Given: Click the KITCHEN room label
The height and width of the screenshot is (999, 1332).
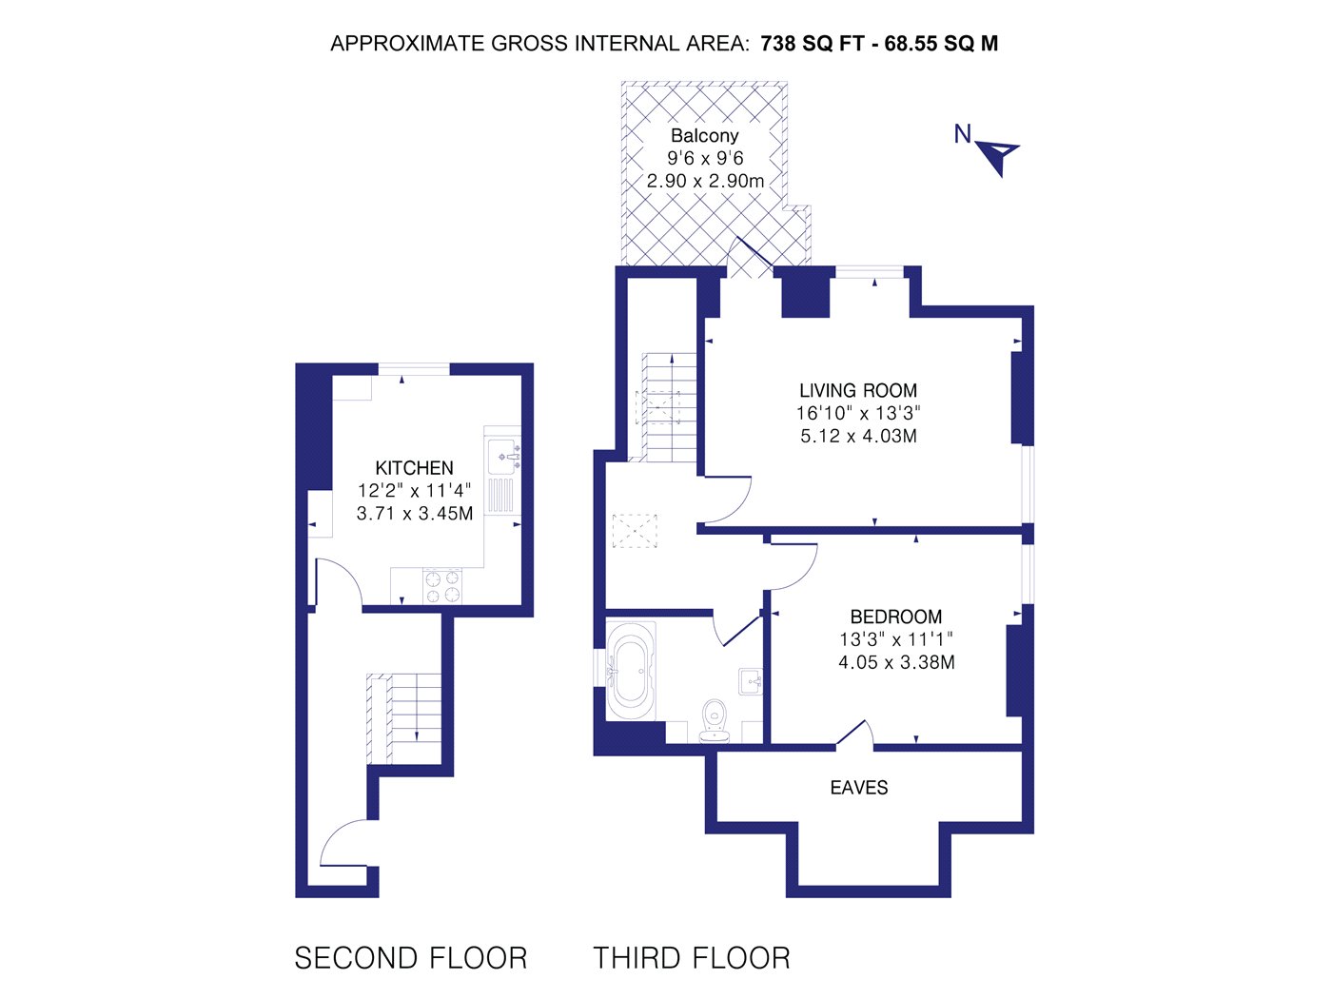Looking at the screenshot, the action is click(415, 468).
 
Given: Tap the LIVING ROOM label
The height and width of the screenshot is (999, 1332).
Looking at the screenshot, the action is click(858, 390).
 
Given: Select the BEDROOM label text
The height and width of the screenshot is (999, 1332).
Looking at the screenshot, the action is click(895, 617).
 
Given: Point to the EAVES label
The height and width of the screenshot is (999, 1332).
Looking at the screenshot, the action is click(859, 788).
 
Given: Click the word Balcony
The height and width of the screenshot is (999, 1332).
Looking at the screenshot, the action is click(705, 135).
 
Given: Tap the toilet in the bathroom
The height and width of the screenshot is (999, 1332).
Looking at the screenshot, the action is click(715, 722).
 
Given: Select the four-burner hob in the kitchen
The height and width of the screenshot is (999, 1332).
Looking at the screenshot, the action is click(442, 586).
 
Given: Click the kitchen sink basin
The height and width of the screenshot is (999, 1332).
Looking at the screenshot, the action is click(504, 456).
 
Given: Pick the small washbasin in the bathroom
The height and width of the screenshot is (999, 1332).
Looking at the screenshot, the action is click(751, 681).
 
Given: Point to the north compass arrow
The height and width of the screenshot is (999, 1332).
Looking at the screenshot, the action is click(999, 156).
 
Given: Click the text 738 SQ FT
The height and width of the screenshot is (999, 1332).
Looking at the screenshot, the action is click(812, 44).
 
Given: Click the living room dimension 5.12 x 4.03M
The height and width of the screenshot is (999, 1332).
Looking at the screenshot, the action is click(858, 436).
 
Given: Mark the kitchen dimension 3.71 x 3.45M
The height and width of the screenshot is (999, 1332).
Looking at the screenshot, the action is click(415, 513).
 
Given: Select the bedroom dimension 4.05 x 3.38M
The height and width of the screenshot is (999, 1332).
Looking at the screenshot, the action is click(896, 662).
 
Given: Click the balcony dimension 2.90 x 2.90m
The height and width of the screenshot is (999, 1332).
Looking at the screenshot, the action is click(705, 181).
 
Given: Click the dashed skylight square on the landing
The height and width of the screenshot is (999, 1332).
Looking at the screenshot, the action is click(635, 531).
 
